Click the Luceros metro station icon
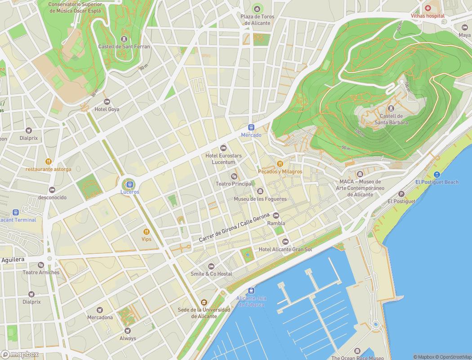129,184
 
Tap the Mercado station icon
251,127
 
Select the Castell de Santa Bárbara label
391,119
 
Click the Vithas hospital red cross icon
428,8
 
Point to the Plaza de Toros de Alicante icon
257,8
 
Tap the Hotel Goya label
107,109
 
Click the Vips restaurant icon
146,232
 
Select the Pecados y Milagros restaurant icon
280,164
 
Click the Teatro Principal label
234,184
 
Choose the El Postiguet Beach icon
436,175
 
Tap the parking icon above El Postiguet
401,194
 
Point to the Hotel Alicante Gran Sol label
285,249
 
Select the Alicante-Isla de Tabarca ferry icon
251,291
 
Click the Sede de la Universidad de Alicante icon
204,302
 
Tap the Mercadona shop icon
100,310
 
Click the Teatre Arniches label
41,272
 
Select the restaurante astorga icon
48,162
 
